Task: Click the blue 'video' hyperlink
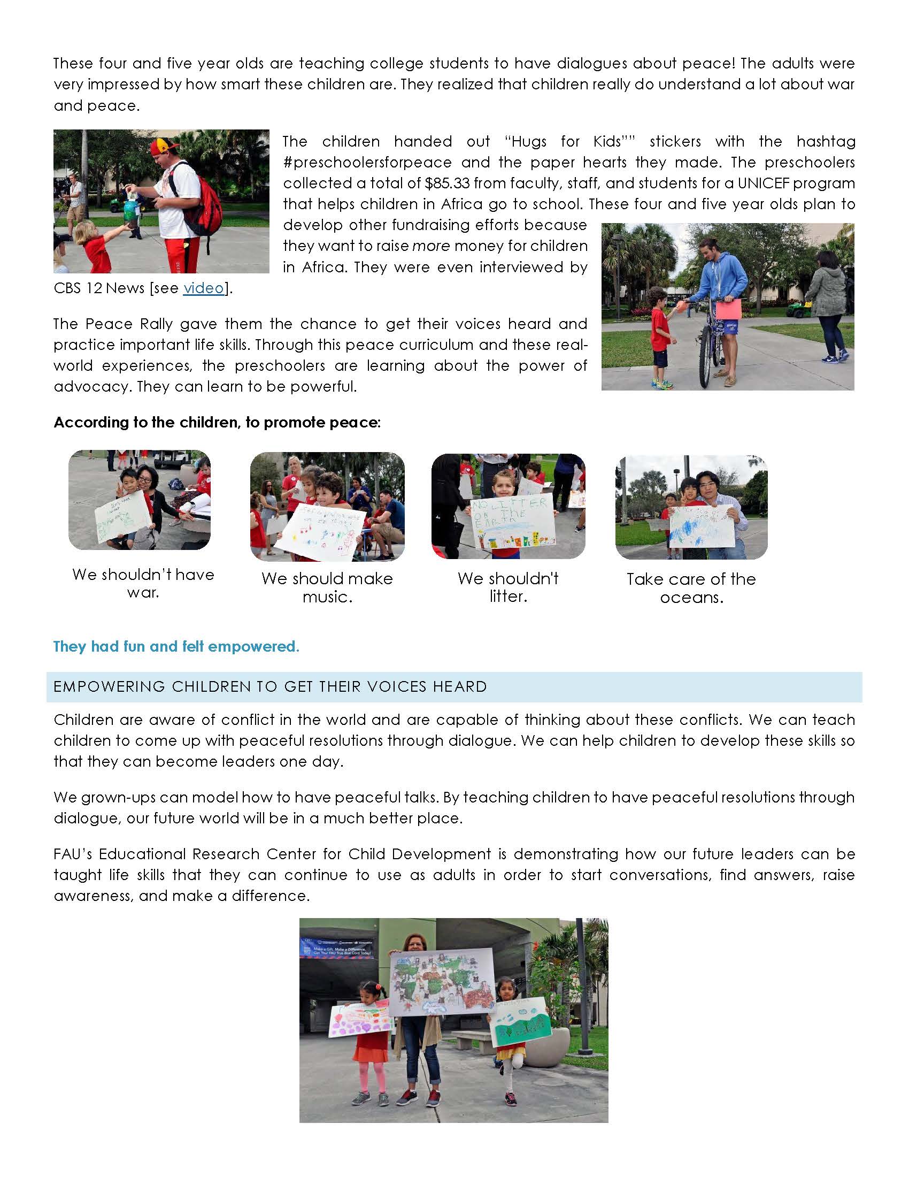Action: click(x=203, y=288)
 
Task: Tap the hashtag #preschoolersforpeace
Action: click(x=367, y=162)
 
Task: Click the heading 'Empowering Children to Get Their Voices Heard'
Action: click(x=271, y=686)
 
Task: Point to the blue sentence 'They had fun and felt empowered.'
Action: click(x=176, y=646)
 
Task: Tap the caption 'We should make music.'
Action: click(x=327, y=587)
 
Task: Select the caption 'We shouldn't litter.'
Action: click(x=508, y=587)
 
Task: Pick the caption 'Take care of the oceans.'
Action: click(x=691, y=588)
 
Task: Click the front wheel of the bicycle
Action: click(x=705, y=356)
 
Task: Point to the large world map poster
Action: click(x=442, y=982)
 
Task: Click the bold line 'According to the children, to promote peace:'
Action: click(x=217, y=423)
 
